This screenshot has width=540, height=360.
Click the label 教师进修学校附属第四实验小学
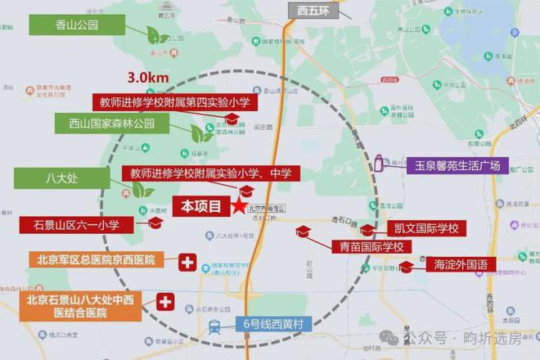(x=174, y=102)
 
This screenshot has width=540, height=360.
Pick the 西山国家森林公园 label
(x=111, y=124)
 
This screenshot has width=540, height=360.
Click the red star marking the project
(x=238, y=206)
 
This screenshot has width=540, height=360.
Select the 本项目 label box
(x=200, y=206)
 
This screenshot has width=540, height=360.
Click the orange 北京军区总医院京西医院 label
(x=97, y=259)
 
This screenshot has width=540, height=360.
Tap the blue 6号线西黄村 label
(x=273, y=325)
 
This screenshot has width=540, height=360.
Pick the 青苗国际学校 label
(x=367, y=246)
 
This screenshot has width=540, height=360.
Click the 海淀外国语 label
(x=461, y=263)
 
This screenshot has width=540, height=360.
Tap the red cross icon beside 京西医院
(x=187, y=262)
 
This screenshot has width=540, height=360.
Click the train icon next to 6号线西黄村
(x=214, y=326)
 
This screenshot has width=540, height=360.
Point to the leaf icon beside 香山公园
(x=153, y=35)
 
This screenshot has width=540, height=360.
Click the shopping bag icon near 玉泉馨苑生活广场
(x=378, y=164)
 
